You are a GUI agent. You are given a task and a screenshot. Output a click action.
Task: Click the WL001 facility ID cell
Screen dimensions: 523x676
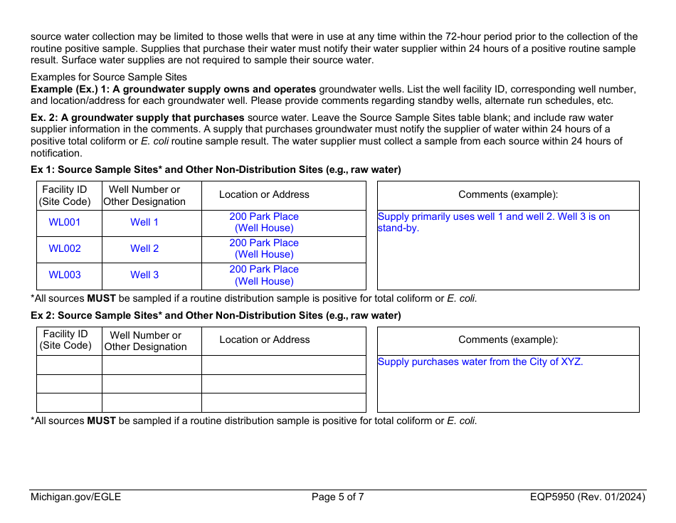(65, 222)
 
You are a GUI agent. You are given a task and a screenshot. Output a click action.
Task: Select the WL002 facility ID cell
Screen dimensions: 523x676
(65, 248)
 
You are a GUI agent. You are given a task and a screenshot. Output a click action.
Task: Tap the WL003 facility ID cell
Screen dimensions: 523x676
(65, 275)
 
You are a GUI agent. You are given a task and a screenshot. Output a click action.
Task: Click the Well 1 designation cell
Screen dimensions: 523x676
(144, 222)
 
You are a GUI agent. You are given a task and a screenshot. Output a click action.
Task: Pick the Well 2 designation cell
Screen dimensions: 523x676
(144, 248)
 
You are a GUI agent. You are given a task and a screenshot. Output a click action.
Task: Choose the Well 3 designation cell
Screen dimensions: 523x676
(144, 275)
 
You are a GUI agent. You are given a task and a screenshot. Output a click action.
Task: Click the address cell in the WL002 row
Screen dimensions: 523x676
(264, 248)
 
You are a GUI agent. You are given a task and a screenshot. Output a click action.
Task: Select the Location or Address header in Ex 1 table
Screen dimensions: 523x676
(264, 194)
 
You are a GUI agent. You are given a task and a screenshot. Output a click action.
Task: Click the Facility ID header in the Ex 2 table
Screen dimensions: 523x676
(65, 340)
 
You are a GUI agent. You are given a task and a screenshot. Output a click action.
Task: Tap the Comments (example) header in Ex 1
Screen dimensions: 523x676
(508, 194)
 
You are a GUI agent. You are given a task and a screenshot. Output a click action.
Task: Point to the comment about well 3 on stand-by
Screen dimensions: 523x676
(494, 222)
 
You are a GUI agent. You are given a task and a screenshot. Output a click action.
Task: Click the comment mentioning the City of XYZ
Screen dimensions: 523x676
(480, 361)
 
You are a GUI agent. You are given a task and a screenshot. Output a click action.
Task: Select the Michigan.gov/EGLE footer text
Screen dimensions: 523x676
(75, 497)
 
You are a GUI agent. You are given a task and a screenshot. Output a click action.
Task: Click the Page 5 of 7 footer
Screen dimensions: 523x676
(338, 497)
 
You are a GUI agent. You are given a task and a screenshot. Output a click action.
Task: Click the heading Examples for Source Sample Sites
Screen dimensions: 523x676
(109, 77)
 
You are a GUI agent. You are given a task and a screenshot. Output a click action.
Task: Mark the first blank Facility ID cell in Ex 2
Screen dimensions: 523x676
(69, 365)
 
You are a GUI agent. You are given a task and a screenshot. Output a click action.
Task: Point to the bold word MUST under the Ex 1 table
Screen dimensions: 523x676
(101, 298)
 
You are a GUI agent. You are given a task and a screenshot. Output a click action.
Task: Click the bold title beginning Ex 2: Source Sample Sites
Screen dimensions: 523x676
(216, 315)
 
